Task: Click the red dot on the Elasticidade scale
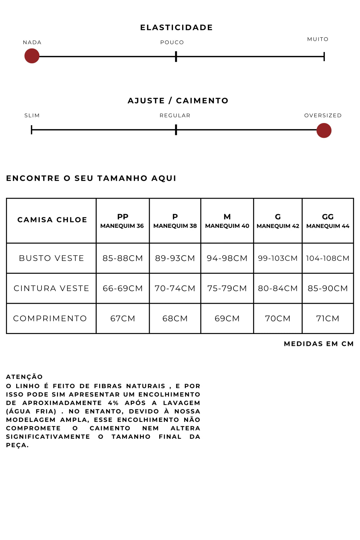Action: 32,56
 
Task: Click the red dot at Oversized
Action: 324,130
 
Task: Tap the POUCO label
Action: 172,42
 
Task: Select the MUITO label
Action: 318,39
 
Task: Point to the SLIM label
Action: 32,115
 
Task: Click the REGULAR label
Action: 175,115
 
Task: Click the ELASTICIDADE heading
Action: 176,27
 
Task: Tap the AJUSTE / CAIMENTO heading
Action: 178,101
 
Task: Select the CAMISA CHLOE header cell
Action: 52,220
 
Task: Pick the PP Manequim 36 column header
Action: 122,221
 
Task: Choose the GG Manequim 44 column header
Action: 328,221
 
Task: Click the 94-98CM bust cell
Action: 227,258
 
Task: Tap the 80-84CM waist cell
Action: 278,288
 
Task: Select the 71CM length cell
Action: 328,319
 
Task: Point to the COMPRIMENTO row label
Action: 50,319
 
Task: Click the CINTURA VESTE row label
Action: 51,288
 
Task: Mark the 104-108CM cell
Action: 328,258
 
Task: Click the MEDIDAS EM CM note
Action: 319,343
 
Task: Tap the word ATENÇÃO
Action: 24,377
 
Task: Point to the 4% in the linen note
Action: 113,403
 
